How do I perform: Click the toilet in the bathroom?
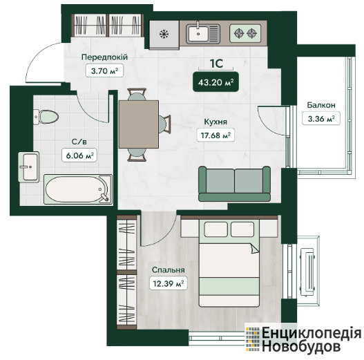(46, 117)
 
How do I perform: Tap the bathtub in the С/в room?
(78, 189)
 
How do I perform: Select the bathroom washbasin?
(28, 167)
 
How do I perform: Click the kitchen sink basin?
(198, 34)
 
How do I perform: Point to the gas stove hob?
(245, 33)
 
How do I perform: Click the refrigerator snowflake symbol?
(164, 34)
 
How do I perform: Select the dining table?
(139, 124)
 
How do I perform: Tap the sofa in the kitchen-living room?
(234, 184)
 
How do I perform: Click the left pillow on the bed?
(215, 229)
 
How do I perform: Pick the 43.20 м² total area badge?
(216, 82)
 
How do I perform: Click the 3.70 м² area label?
(104, 70)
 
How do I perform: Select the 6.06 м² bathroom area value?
(79, 155)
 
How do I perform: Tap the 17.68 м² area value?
(215, 135)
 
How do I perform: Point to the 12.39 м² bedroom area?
(169, 283)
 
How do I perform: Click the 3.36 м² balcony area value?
(321, 119)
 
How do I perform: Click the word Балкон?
(321, 105)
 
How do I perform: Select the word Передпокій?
(104, 57)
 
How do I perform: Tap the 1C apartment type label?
(216, 63)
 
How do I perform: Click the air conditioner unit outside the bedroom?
(307, 272)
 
